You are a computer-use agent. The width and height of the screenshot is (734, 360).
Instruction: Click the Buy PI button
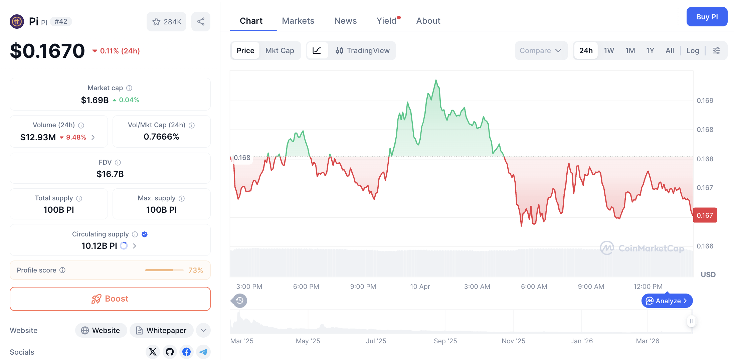[707, 17]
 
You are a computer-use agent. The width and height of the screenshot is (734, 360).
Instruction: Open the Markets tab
[298, 21]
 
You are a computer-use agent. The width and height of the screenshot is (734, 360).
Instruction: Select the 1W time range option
[608, 50]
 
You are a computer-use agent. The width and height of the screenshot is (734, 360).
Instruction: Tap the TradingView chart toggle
[363, 50]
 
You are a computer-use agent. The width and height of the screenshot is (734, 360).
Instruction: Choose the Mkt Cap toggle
[280, 50]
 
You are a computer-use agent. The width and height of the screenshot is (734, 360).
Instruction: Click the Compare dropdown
[540, 50]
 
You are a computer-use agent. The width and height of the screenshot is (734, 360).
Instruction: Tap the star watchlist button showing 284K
[166, 22]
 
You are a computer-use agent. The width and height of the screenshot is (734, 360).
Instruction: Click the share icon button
[201, 22]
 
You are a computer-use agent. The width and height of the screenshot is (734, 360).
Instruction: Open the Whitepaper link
[162, 330]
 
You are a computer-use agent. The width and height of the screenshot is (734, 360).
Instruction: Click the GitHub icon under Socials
[170, 352]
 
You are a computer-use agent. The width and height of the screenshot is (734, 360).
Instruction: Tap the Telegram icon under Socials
[203, 352]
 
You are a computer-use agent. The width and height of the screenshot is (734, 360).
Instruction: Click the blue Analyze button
[667, 301]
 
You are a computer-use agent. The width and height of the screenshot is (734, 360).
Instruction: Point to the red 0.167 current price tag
[705, 215]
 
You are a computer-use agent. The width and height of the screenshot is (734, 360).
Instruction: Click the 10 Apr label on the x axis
[420, 287]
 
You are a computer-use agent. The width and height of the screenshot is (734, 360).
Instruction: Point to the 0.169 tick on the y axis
[705, 101]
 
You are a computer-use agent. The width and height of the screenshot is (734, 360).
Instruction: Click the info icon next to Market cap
[129, 88]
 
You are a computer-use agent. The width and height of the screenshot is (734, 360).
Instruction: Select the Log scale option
[692, 50]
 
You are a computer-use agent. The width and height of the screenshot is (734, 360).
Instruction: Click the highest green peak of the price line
[436, 80]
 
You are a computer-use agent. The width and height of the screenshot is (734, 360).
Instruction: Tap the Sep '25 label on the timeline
[445, 341]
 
